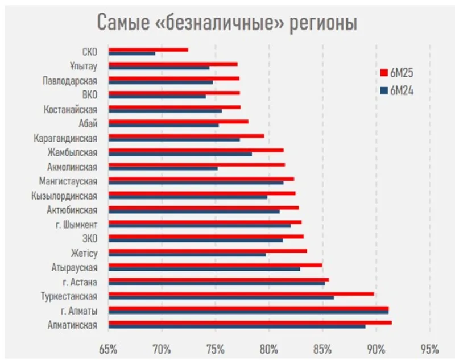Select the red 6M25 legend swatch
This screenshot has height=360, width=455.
point(383,72)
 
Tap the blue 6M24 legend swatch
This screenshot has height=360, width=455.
point(383,89)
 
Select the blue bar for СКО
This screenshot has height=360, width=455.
point(131,53)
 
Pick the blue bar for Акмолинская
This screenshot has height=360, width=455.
point(163,168)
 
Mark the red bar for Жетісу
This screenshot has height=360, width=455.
point(208,250)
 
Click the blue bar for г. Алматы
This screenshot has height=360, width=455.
point(248,312)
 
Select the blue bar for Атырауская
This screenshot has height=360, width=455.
point(204,268)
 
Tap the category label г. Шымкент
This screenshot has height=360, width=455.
point(80,224)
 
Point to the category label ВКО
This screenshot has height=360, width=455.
point(89,95)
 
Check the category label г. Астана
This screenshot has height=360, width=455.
point(80,282)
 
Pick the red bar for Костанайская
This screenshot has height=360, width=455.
point(174,107)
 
